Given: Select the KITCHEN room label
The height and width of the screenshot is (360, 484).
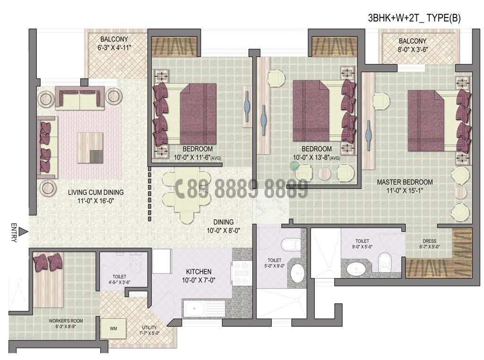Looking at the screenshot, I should coord(198,272).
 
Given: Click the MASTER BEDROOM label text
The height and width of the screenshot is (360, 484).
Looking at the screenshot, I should coord(405,182).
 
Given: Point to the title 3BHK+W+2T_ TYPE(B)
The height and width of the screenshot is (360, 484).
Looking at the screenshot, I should coord(414,18).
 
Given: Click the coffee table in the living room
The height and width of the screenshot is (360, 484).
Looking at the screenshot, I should coord(89,148).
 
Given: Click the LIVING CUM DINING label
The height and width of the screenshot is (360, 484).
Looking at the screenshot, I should coord(95,193).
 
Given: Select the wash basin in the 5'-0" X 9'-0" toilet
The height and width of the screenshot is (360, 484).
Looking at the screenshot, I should coord(297,272).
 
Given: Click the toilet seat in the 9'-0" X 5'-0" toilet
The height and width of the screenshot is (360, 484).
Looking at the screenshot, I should coord(385,259).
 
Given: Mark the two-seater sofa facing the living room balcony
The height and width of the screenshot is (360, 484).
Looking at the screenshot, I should coord(79,98).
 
